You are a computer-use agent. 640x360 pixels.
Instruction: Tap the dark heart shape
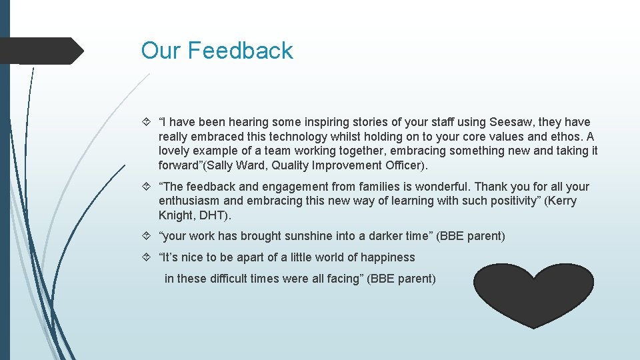(x=533, y=293)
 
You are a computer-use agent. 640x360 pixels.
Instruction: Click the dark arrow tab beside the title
(x=40, y=51)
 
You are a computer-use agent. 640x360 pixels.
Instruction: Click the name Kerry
(x=561, y=201)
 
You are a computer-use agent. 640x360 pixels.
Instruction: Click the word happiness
(x=387, y=257)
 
